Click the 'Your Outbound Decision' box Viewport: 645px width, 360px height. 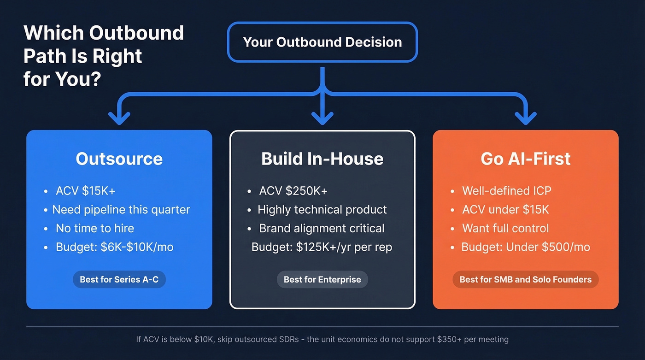pos(322,42)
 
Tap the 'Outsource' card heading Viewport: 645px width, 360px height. pos(119,159)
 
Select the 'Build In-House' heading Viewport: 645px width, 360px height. pos(322,159)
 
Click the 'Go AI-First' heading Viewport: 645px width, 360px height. pos(525,159)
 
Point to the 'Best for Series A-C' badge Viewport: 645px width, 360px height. pos(119,279)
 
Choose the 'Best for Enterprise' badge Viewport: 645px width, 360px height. pos(322,279)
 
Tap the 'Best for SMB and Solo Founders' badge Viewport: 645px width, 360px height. pos(525,279)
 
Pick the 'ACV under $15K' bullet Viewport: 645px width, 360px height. pos(505,210)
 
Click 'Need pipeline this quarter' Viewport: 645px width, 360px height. pos(121,210)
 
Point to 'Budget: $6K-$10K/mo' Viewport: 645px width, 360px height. pos(114,247)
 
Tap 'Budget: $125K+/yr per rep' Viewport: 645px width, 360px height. pos(322,247)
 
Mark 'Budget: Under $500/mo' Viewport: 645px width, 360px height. pos(525,247)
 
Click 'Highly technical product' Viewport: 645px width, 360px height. pos(322,210)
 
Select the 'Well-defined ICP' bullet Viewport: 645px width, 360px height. pos(506,191)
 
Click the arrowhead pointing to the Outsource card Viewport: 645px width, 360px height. pos(119,119)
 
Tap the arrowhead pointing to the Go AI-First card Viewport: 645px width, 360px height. pos(525,119)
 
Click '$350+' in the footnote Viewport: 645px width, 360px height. pos(448,340)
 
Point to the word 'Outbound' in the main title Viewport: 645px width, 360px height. pos(136,33)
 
